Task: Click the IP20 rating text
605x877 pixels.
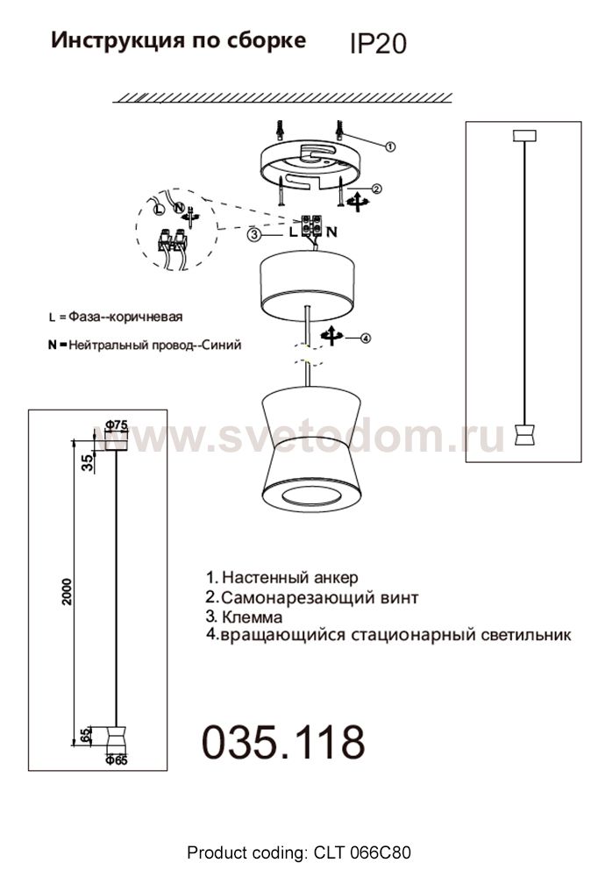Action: [x=378, y=44]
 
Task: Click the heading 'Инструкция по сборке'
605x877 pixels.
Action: [x=179, y=40]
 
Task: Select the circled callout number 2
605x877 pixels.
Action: [x=376, y=188]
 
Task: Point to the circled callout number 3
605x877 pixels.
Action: [x=253, y=234]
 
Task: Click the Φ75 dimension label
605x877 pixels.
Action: [x=117, y=425]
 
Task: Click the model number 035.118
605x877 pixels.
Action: [x=283, y=743]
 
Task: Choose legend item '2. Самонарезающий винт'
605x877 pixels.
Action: [x=311, y=597]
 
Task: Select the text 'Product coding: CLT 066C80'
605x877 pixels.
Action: [x=299, y=852]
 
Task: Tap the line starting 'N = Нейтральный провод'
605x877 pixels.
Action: [x=145, y=345]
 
